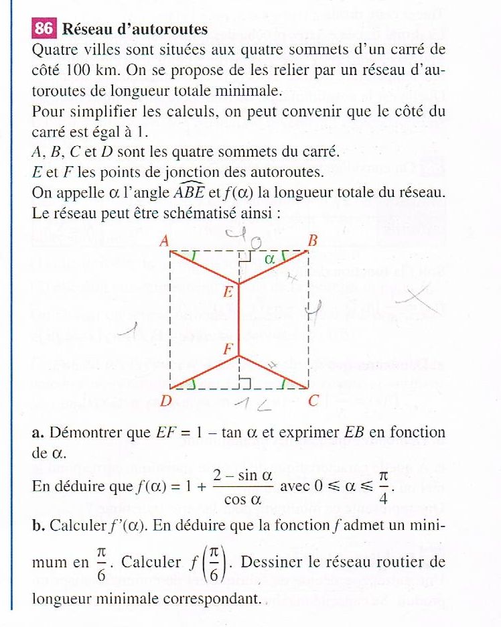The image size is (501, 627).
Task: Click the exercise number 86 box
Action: click(x=44, y=29)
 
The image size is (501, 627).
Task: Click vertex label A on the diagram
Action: click(x=163, y=241)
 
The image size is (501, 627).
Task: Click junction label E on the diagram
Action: click(x=228, y=292)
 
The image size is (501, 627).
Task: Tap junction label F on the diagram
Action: click(x=228, y=349)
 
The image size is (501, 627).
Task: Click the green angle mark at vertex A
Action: click(x=193, y=255)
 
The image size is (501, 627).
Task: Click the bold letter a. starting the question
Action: click(x=38, y=433)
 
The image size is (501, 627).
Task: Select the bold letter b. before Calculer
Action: click(x=38, y=525)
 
